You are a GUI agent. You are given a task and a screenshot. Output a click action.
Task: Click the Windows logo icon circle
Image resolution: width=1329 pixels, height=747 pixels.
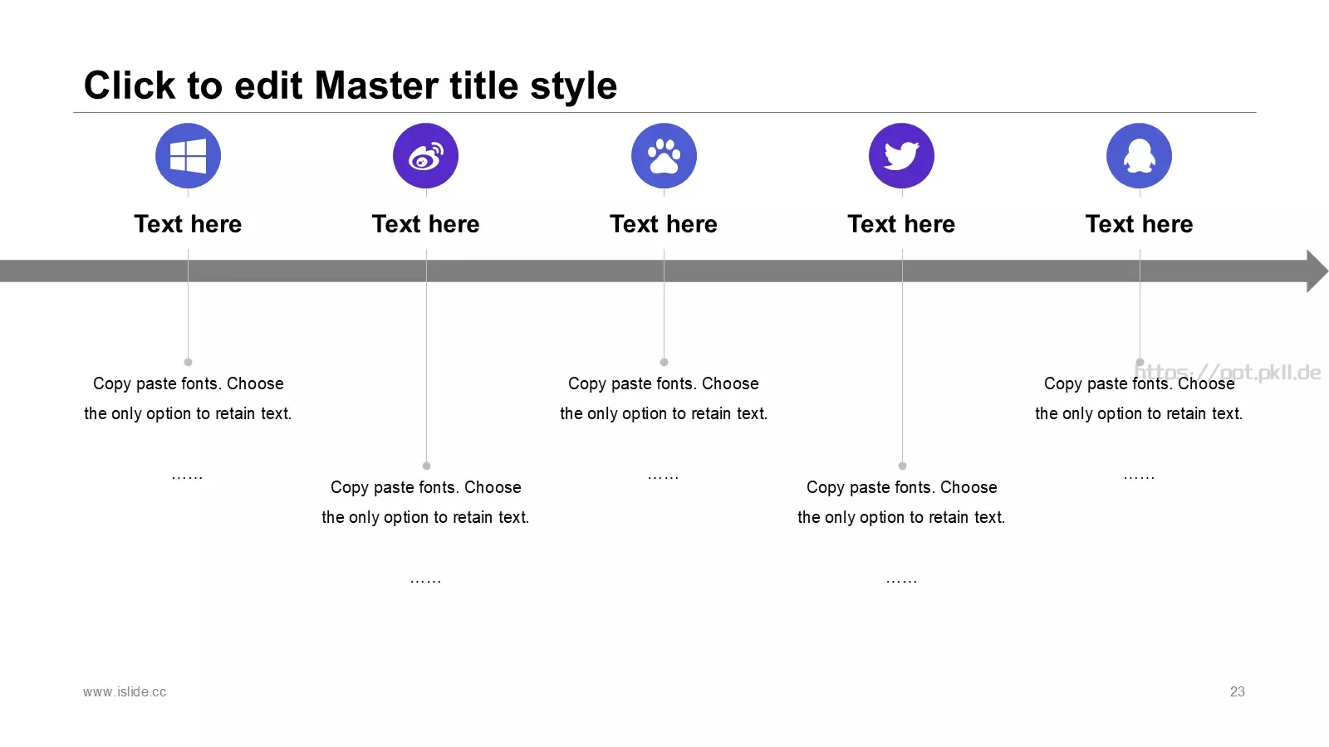(188, 156)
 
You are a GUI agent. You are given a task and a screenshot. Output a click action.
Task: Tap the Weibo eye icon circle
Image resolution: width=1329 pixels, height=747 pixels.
(425, 156)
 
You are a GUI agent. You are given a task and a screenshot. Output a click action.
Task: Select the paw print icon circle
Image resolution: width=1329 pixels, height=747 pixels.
(664, 156)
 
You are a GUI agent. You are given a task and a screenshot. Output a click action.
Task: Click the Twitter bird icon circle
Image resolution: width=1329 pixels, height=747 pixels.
(902, 156)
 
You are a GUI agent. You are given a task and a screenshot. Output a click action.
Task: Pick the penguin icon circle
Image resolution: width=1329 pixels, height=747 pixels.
(1139, 156)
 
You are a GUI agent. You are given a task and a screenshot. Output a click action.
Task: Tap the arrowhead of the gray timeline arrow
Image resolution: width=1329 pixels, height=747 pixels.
(1317, 271)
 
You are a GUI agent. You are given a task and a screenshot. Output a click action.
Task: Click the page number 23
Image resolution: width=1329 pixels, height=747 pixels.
(1237, 692)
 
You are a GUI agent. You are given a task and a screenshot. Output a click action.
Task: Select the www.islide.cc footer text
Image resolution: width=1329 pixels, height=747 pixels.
(125, 692)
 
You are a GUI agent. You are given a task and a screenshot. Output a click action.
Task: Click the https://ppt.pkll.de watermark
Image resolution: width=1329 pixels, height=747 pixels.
(1228, 373)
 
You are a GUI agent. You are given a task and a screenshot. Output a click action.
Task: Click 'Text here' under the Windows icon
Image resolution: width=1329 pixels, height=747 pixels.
(188, 224)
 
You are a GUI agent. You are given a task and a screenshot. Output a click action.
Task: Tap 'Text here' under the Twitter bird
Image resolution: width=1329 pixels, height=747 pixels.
(902, 224)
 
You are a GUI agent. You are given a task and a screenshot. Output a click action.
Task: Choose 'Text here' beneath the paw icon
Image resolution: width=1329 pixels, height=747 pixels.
(664, 224)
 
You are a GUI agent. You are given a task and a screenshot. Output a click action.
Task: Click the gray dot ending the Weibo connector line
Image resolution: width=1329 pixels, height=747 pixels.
(427, 466)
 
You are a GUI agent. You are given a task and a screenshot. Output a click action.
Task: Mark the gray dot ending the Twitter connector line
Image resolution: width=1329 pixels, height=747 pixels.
(902, 466)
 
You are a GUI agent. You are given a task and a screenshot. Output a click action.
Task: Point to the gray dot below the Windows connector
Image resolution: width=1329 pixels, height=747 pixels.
(188, 362)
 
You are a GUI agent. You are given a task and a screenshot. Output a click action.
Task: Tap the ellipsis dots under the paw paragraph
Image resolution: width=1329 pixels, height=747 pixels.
(664, 477)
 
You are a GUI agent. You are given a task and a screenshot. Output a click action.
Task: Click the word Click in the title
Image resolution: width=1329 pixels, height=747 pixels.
(130, 85)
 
